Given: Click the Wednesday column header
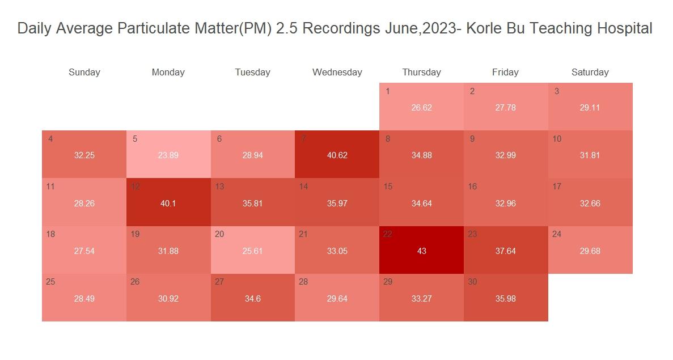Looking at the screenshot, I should pyautogui.click(x=337, y=73).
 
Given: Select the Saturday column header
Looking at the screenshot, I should pyautogui.click(x=590, y=73).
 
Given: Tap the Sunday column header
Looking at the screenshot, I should pyautogui.click(x=84, y=73).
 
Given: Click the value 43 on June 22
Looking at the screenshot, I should pyautogui.click(x=421, y=251).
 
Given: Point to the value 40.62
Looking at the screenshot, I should pyautogui.click(x=337, y=155).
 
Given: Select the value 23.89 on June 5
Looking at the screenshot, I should pyautogui.click(x=168, y=155).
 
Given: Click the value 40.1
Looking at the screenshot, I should pyautogui.click(x=168, y=204).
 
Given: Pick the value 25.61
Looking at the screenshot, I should pyautogui.click(x=252, y=251).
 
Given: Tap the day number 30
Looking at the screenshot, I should pyautogui.click(x=472, y=282).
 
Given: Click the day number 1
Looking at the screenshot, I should pyautogui.click(x=387, y=91).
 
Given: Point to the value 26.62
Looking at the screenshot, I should pyautogui.click(x=421, y=108).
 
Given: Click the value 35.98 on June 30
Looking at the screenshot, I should pyautogui.click(x=505, y=299).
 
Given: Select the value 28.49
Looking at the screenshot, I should pyautogui.click(x=84, y=299).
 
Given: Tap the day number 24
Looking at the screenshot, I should pyautogui.click(x=557, y=234).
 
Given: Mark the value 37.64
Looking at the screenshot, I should pyautogui.click(x=505, y=251).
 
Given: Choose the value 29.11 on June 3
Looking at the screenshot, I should pyautogui.click(x=590, y=108).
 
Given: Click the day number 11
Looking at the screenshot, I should pyautogui.click(x=50, y=187).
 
